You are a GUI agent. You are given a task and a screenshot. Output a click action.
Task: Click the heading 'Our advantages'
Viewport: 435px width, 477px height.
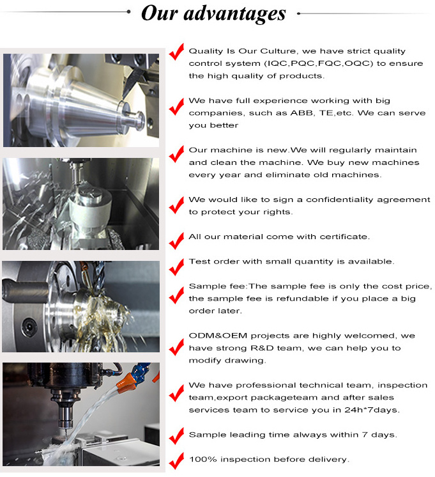click(213, 13)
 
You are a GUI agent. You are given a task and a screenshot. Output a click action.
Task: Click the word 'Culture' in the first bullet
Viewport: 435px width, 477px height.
click(277, 51)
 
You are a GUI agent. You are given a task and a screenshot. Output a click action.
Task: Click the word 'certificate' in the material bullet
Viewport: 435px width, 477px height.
click(342, 237)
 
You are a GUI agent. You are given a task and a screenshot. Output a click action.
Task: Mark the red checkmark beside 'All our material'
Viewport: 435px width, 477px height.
click(176, 240)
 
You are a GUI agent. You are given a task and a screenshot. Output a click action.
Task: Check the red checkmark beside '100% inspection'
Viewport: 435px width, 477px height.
click(176, 461)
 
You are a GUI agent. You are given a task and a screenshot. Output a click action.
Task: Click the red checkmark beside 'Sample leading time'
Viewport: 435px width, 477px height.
click(176, 437)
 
